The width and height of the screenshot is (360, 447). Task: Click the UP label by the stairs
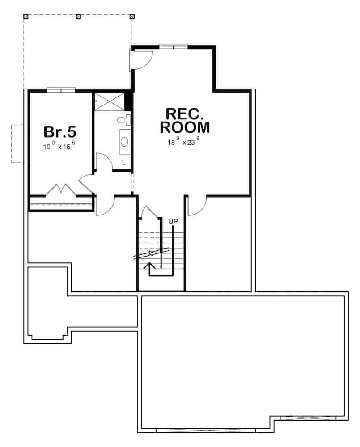[x=174, y=221]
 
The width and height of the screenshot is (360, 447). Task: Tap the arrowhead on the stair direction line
[x=151, y=265]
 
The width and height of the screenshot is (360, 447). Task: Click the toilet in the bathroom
[x=122, y=120]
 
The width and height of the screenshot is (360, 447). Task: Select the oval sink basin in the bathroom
[x=124, y=142]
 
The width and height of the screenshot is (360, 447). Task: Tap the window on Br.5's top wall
[x=61, y=90]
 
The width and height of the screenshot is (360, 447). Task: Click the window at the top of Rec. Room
[x=173, y=46]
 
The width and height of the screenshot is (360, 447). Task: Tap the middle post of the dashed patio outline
[x=79, y=17]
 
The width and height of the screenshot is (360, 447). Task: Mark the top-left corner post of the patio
[x=26, y=17]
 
